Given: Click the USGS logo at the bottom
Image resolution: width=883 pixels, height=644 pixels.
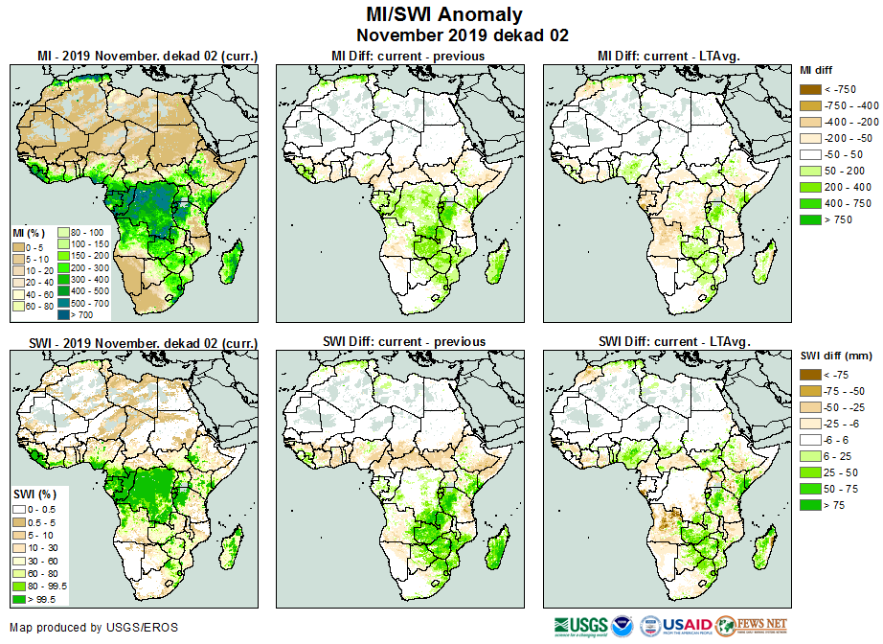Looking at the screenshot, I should click(578, 626).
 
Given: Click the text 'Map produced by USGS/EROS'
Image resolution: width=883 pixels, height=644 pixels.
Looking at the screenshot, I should click(94, 628).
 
